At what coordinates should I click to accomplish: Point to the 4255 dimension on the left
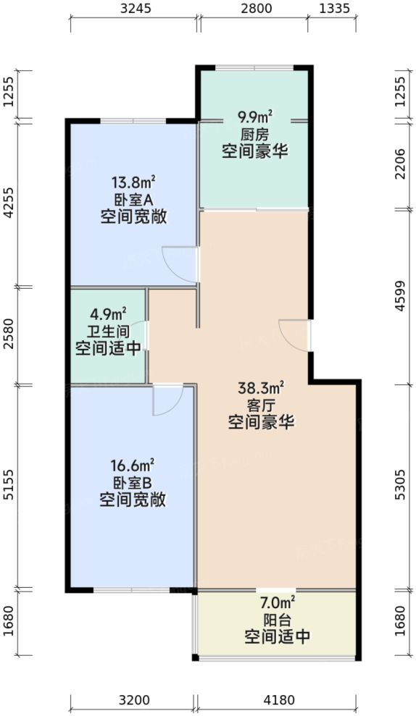tap(9, 202)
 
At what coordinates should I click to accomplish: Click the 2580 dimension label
tap(9, 335)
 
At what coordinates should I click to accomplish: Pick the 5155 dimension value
tap(9, 486)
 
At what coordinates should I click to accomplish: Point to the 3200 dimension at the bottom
tap(133, 700)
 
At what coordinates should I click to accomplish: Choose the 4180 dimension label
tap(276, 700)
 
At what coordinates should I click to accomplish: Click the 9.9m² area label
tap(257, 116)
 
